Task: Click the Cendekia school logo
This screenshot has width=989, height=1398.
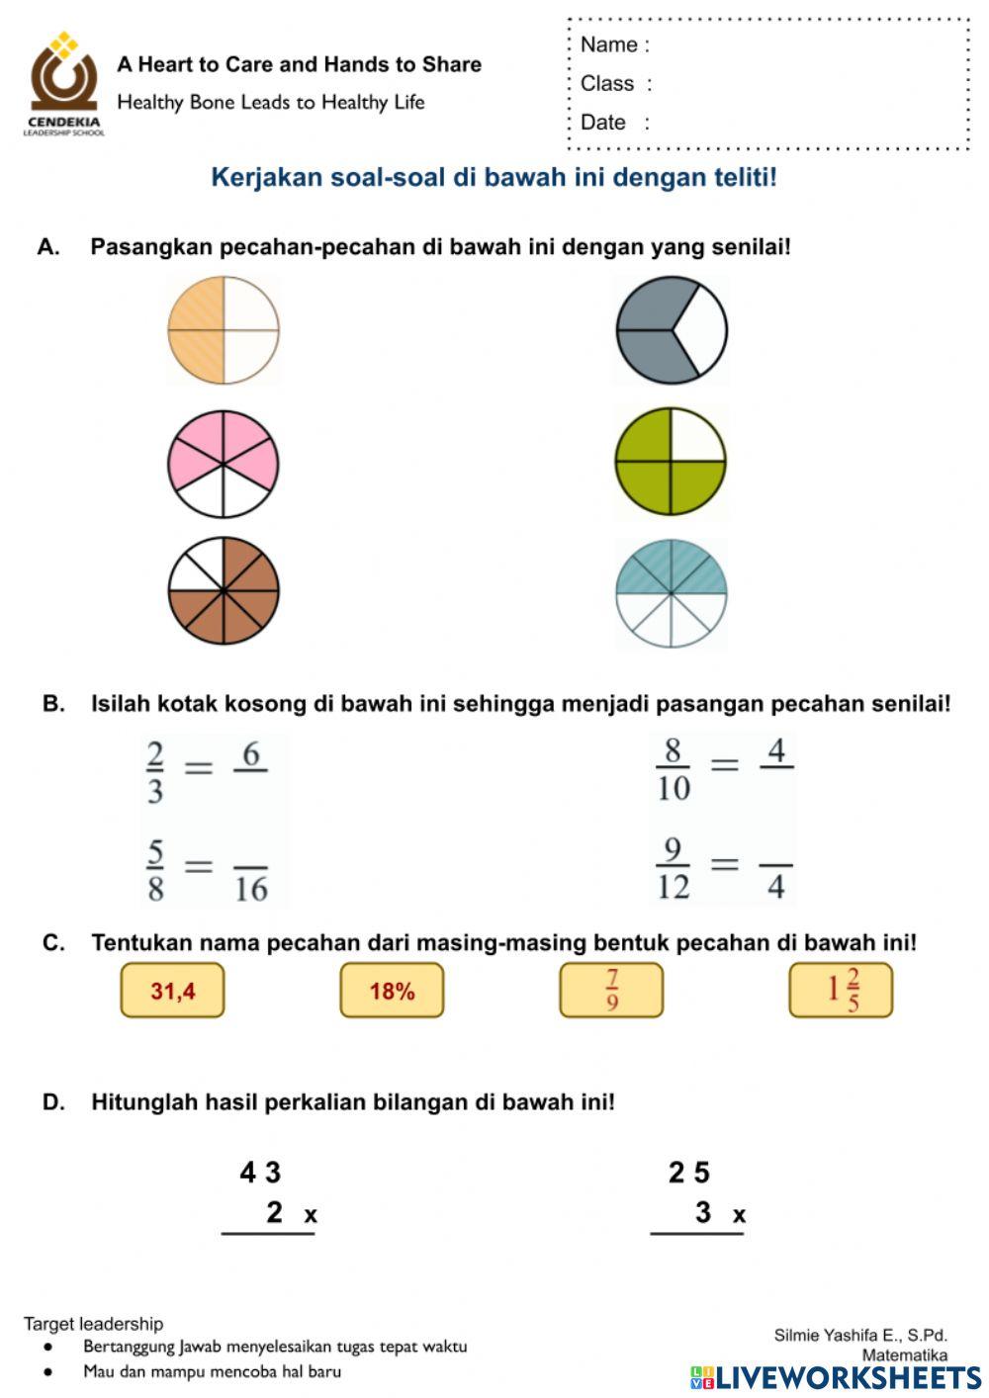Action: coord(63,83)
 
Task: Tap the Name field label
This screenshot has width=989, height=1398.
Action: coord(614,44)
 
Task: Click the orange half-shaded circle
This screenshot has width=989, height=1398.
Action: coord(224,329)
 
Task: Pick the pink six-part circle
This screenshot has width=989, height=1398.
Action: coord(224,463)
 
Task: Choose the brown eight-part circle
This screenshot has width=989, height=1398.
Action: coord(224,591)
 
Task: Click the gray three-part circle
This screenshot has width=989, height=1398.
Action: coord(672,329)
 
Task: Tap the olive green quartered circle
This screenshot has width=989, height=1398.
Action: coord(672,461)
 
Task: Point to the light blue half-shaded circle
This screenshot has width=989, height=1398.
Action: coord(672,593)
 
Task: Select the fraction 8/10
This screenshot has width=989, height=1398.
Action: coord(674,769)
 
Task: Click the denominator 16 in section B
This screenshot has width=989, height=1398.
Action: coord(251,889)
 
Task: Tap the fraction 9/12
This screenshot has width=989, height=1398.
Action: coord(674,869)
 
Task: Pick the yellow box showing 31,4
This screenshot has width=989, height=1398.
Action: coord(173,991)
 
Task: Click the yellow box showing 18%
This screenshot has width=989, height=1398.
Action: coord(393,991)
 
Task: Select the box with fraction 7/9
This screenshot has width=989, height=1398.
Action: coord(611,991)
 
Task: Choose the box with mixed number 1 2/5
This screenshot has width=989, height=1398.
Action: coord(841,991)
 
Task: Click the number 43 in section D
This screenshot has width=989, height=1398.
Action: coord(260,1173)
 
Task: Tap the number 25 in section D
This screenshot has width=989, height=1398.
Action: coord(689,1173)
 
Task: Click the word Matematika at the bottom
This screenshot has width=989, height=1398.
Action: coord(904,1354)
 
